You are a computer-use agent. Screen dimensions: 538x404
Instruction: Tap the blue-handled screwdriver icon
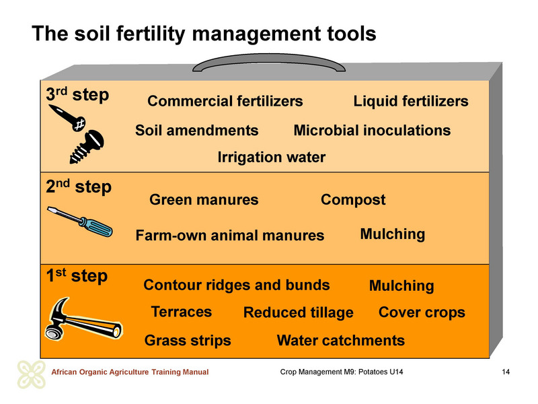pos(80,222)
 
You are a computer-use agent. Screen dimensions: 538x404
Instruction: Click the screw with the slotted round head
pos(87,146)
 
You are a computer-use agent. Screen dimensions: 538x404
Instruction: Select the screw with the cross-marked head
pos(67,117)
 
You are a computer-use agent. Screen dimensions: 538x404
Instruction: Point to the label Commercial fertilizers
pos(225,101)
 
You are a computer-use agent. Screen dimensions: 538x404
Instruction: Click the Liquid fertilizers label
pos(411,102)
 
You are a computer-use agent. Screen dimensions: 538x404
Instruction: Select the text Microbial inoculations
pos(373,130)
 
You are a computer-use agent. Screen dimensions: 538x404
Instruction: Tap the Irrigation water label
pos(272,158)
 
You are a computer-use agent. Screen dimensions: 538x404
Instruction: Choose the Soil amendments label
pos(196,130)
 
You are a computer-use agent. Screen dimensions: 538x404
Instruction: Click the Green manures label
pos(204,199)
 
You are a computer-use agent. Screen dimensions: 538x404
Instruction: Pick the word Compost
pos(353,200)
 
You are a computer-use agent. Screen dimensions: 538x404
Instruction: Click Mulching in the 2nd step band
pos(393,234)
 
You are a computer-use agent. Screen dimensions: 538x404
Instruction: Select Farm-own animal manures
pos(230,235)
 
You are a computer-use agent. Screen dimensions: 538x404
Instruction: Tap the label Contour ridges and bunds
pos(237,285)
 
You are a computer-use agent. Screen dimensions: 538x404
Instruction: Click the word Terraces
pos(182,312)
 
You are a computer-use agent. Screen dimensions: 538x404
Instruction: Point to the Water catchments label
pos(341,341)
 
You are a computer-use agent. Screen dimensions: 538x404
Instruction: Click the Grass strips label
pos(188,341)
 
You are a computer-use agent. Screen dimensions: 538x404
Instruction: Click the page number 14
pos(506,372)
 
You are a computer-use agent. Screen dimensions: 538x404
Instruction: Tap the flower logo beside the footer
pos(32,374)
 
